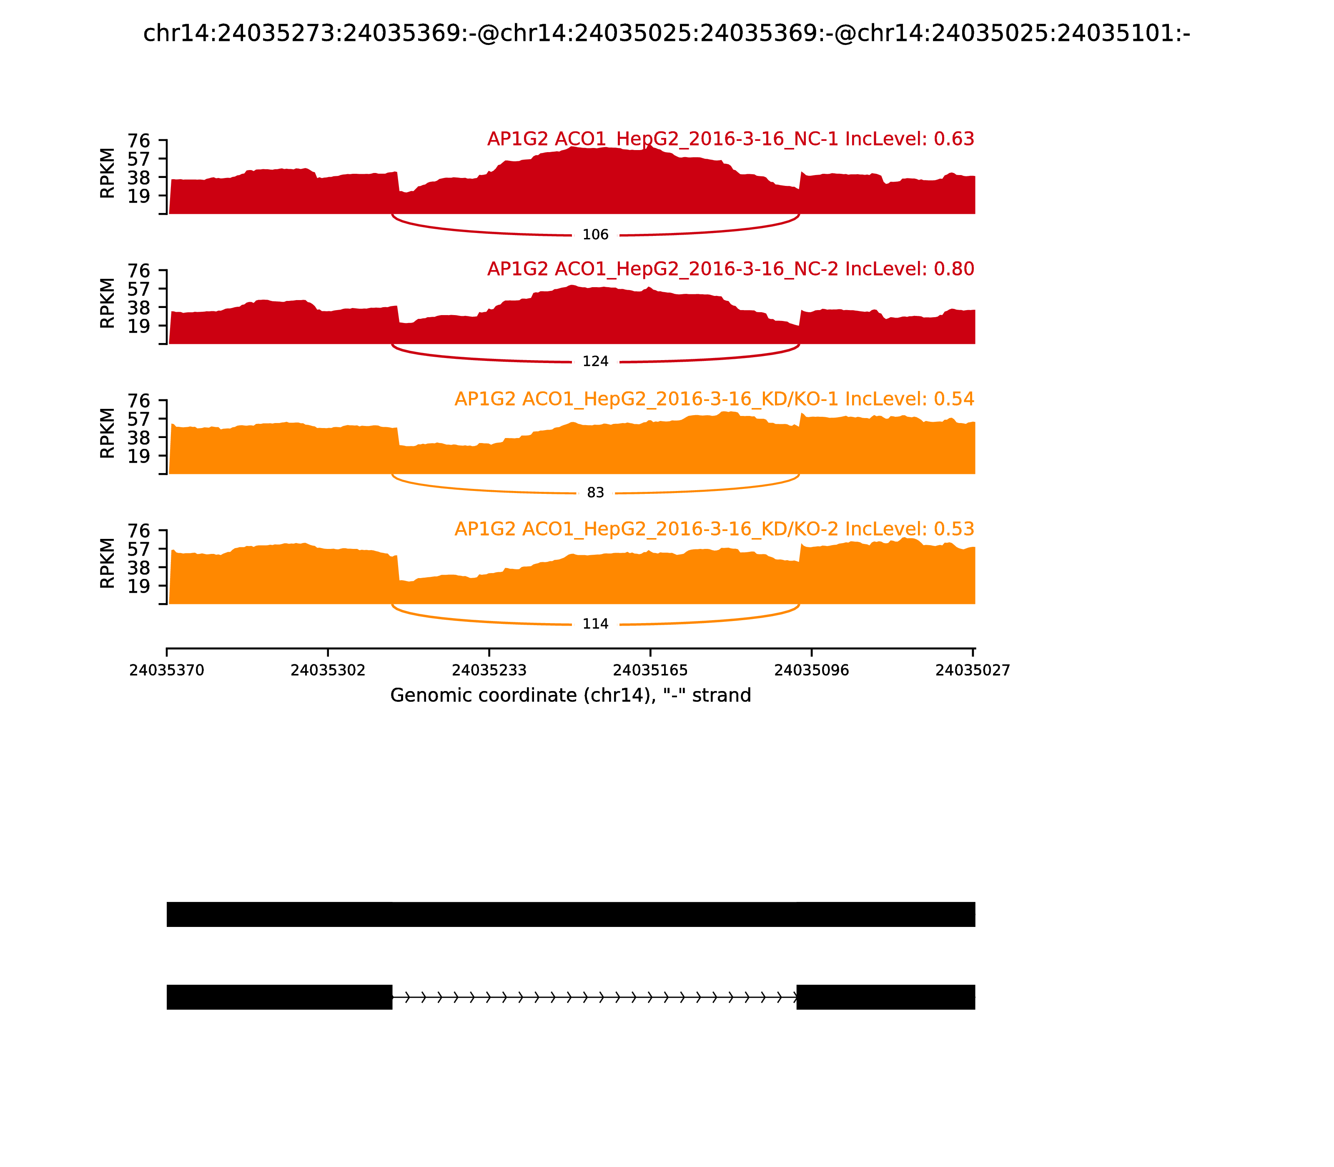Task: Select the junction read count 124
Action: pyautogui.click(x=595, y=361)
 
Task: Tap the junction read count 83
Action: pyautogui.click(x=595, y=493)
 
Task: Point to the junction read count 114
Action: pyautogui.click(x=595, y=624)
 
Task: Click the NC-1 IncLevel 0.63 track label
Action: pyautogui.click(x=730, y=139)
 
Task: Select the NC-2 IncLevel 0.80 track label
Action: pyautogui.click(x=730, y=269)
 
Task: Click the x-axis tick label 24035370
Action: pyautogui.click(x=167, y=671)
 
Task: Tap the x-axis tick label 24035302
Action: pyautogui.click(x=328, y=671)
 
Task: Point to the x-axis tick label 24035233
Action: pyautogui.click(x=489, y=671)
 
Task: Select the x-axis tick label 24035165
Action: pyautogui.click(x=650, y=671)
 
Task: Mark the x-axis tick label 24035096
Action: pyautogui.click(x=812, y=671)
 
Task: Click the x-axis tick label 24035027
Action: pyautogui.click(x=973, y=671)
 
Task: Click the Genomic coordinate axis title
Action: pyautogui.click(x=571, y=696)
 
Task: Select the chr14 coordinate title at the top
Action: pyautogui.click(x=666, y=34)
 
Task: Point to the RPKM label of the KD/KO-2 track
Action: pyautogui.click(x=108, y=563)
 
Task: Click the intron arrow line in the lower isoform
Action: pyautogui.click(x=594, y=997)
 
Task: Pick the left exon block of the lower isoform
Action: pyautogui.click(x=279, y=997)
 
